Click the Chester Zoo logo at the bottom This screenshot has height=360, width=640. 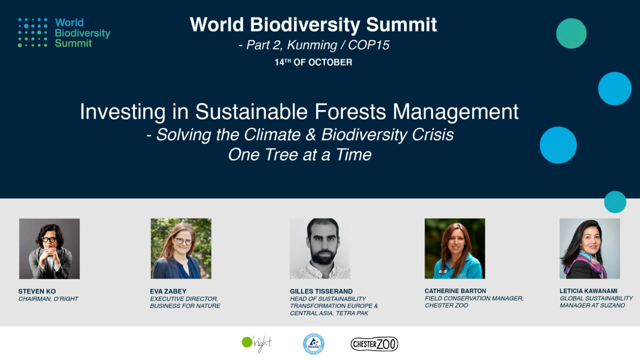[x=374, y=344]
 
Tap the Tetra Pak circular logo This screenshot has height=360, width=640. [x=314, y=344]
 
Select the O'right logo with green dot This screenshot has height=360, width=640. [x=257, y=344]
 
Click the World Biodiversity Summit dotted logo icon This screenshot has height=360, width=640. [x=33, y=33]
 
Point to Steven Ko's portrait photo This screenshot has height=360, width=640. [x=49, y=249]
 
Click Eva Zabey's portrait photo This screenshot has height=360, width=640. [x=181, y=249]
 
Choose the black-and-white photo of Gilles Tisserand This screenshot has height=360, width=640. [x=320, y=249]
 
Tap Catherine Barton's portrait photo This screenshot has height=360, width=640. [x=455, y=249]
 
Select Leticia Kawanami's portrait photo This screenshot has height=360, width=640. [x=590, y=249]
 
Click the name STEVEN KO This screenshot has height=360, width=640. [x=37, y=291]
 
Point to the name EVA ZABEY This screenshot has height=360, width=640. [x=168, y=291]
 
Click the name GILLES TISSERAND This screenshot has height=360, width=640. [x=321, y=291]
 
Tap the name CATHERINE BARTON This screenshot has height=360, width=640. [x=455, y=291]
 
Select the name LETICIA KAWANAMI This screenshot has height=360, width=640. [x=588, y=291]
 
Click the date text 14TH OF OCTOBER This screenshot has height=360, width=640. [x=313, y=62]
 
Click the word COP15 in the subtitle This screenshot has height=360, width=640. [x=369, y=45]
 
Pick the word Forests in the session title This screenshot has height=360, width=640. [x=350, y=111]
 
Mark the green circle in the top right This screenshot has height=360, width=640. [x=571, y=33]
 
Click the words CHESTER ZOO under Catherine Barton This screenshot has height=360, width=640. [x=446, y=305]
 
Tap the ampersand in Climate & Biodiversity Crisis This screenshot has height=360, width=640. [x=311, y=135]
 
